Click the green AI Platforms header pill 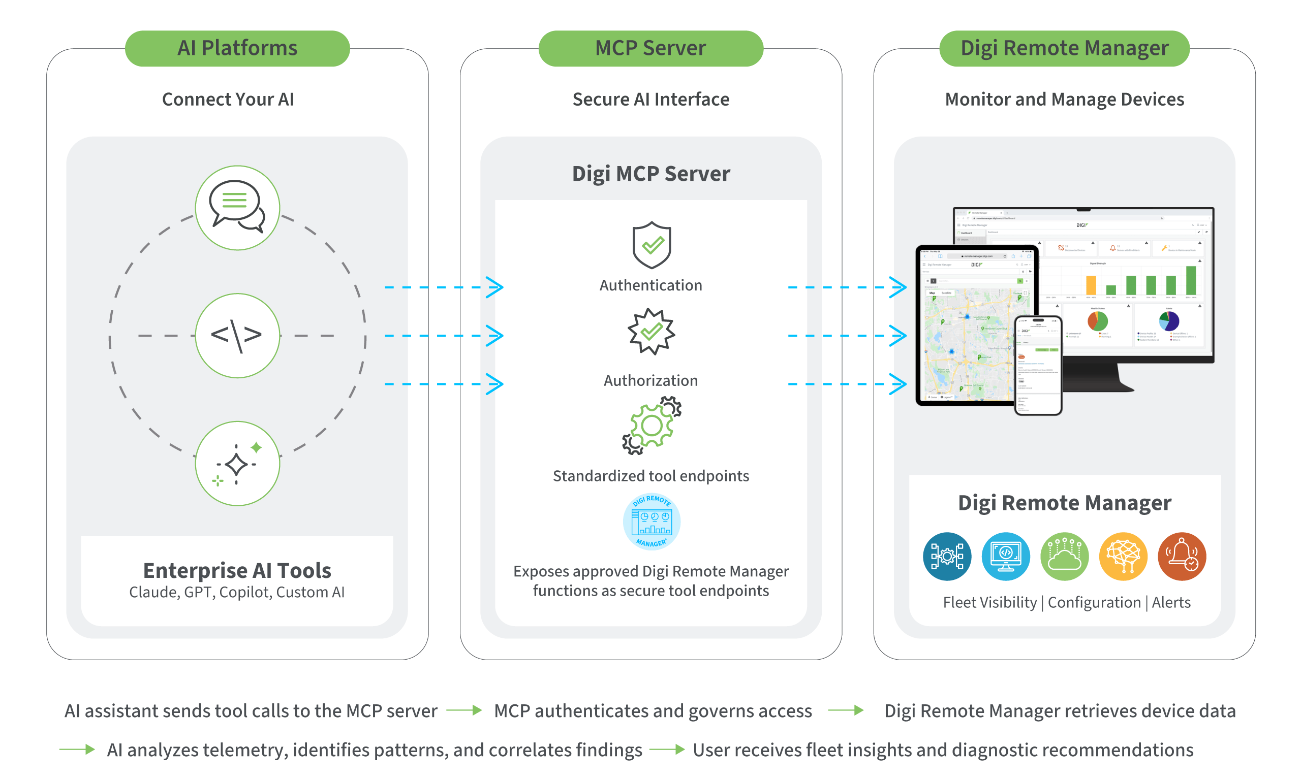pos(237,48)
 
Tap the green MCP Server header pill pos(650,48)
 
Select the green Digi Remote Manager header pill pos(1064,48)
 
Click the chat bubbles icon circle pos(237,208)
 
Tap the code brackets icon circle pos(237,335)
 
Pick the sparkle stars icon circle pos(237,463)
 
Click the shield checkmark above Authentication pos(651,245)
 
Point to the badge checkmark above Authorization pos(651,332)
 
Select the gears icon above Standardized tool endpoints pos(651,425)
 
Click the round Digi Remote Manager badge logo pos(651,522)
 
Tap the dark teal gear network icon pos(947,556)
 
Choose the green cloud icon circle pos(1064,556)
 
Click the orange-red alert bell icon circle pos(1181,556)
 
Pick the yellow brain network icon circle pos(1123,556)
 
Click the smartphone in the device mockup pos(1038,365)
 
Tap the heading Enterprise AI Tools pos(237,570)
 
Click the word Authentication pos(650,285)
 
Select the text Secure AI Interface pos(650,100)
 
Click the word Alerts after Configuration pos(1170,602)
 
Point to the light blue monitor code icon pos(1005,556)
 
